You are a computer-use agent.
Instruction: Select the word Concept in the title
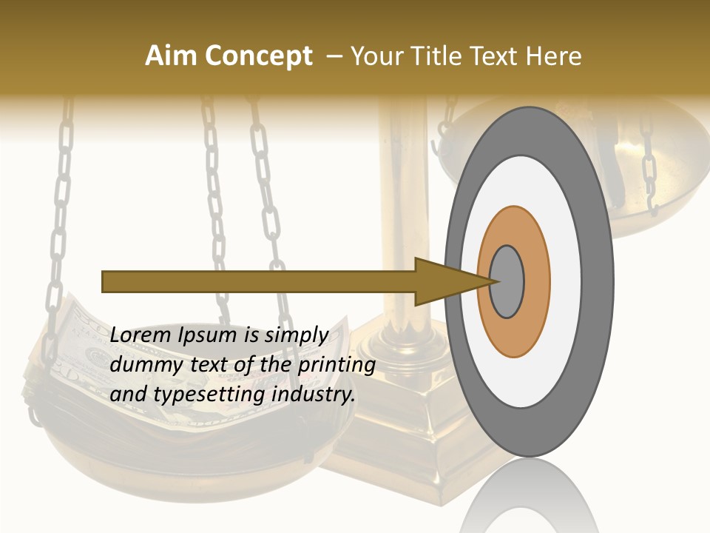(258, 57)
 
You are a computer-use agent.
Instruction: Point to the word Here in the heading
(555, 56)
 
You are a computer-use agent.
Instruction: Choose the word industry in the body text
(314, 394)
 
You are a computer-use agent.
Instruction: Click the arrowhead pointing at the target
(444, 282)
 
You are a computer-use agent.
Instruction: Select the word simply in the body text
(296, 335)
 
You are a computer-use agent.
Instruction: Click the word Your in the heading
(376, 56)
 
